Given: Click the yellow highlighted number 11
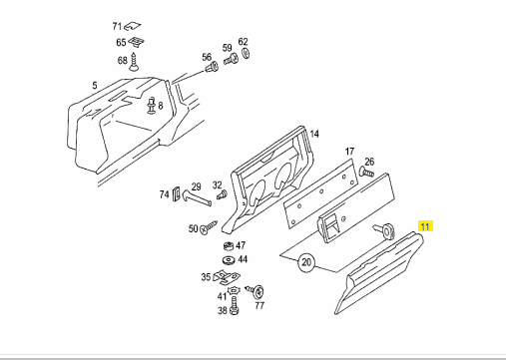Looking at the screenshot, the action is [x=425, y=226].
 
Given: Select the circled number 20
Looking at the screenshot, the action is [x=306, y=262].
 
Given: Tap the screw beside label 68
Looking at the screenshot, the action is [x=134, y=62].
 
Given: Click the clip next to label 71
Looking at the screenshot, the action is [x=133, y=26].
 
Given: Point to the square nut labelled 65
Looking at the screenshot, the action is [x=136, y=42].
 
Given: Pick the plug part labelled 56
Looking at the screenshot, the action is [x=211, y=68].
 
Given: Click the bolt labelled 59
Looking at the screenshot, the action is [x=231, y=60].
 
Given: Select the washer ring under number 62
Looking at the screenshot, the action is [x=246, y=53].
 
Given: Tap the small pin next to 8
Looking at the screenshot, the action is [x=152, y=106].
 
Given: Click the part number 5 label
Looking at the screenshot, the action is [x=95, y=86].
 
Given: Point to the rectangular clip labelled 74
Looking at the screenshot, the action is [x=176, y=194].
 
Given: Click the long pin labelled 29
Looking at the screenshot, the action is [x=197, y=197].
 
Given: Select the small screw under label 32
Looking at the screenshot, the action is [x=222, y=194].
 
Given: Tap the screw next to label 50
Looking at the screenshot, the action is [x=209, y=226].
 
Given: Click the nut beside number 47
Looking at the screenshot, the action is [x=229, y=246].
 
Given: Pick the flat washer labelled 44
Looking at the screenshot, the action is [x=229, y=259].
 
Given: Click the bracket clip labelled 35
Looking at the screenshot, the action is [x=227, y=277].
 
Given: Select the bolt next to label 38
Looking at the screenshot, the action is [x=235, y=306].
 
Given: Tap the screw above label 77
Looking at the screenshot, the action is [x=255, y=291].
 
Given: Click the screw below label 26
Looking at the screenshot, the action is [x=366, y=173].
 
